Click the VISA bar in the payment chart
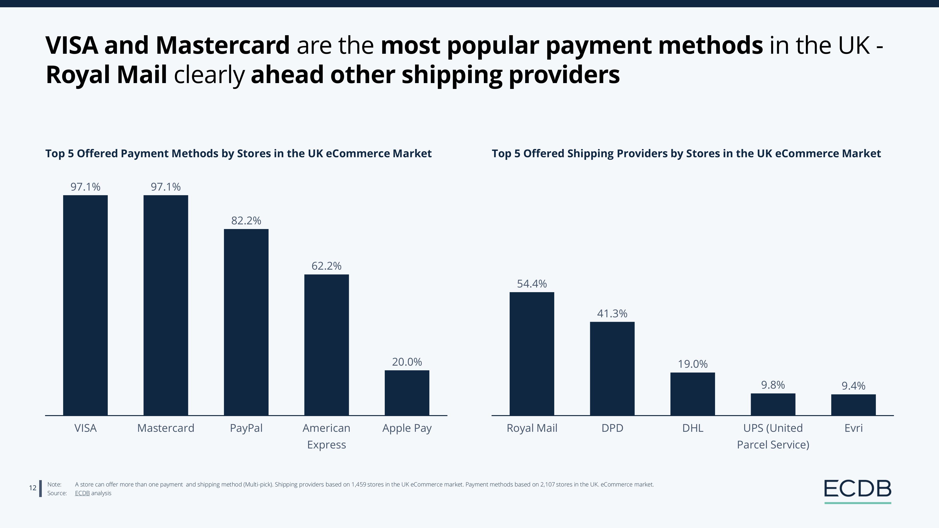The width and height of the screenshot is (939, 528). (85, 305)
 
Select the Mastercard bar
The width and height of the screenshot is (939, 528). (166, 305)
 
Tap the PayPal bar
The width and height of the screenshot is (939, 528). (246, 322)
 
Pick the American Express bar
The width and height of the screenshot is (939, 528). (327, 345)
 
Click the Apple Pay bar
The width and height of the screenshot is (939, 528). (407, 393)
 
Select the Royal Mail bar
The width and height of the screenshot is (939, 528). (532, 353)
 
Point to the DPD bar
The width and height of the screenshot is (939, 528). (612, 368)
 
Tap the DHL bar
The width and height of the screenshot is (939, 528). (693, 394)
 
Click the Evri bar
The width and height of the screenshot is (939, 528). (853, 405)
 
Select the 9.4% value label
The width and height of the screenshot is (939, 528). (853, 386)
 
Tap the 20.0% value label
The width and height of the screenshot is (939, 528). (407, 362)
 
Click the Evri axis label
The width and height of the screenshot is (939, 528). (853, 428)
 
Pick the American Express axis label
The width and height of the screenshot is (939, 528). (327, 436)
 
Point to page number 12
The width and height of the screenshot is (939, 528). (32, 488)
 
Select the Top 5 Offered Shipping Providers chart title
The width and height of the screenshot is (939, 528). (686, 153)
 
